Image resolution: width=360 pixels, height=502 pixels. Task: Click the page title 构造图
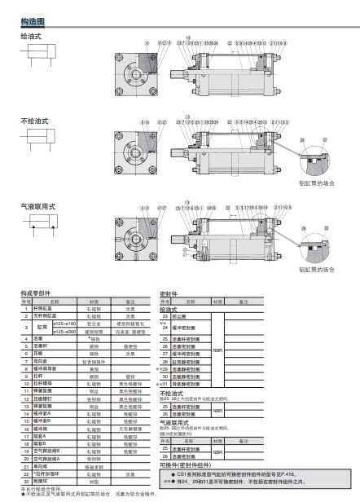pos(33,21)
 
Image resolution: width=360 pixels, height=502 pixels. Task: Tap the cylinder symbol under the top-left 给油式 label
pos(37,57)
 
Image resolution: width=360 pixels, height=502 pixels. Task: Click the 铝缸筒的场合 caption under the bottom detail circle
pos(317,270)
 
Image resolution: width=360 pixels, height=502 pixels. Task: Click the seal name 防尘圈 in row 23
pos(182,316)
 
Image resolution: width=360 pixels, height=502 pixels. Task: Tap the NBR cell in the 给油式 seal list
pos(217,350)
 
